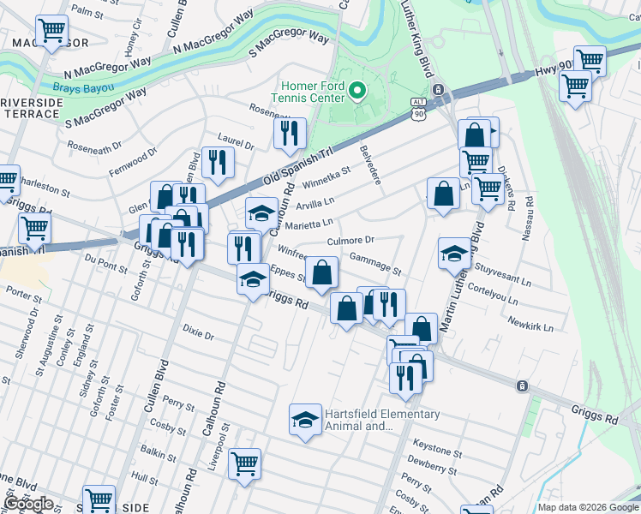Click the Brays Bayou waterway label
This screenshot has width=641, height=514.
pos(82,87)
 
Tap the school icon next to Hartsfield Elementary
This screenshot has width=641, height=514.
pos(304,419)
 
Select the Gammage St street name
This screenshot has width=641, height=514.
pos(374,263)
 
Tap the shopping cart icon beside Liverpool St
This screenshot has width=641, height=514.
pos(245,463)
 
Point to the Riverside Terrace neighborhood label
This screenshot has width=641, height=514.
pos(32,108)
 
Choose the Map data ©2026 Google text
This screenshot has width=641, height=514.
pos(588,507)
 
